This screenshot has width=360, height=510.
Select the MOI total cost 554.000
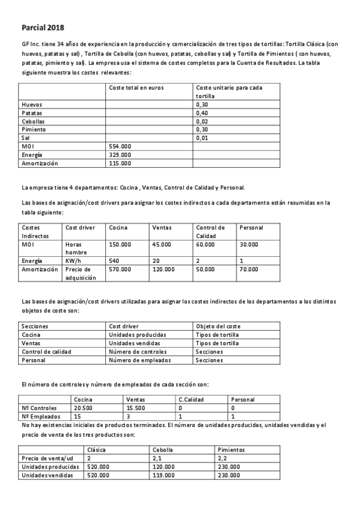[x=120, y=146]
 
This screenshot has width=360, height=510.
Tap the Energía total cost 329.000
[x=120, y=155]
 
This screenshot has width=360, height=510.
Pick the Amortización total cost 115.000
[x=120, y=163]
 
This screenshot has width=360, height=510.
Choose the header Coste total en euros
[x=136, y=88]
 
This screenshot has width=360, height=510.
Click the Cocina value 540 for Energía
[x=114, y=260]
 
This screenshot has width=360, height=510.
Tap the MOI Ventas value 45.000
[x=162, y=244]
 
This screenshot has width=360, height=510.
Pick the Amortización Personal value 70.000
[x=249, y=269]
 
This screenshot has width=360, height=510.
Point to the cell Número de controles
[x=138, y=351]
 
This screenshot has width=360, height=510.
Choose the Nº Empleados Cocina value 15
[x=77, y=416]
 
